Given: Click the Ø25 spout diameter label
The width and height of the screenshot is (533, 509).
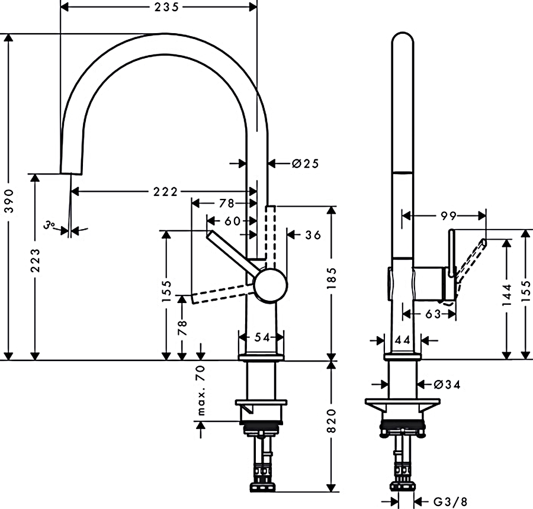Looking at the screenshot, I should click(304, 163).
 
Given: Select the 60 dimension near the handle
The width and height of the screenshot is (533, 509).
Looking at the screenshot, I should click(232, 221).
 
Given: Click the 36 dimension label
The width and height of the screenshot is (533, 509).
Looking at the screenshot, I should click(313, 235).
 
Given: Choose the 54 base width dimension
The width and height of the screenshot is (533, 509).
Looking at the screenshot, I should click(262, 337).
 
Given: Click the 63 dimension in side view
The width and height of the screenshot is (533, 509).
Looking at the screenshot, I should click(433, 314).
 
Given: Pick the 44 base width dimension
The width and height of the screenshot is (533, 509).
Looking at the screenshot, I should click(403, 340).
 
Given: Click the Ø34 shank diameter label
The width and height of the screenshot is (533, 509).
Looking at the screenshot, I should click(447, 385).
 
